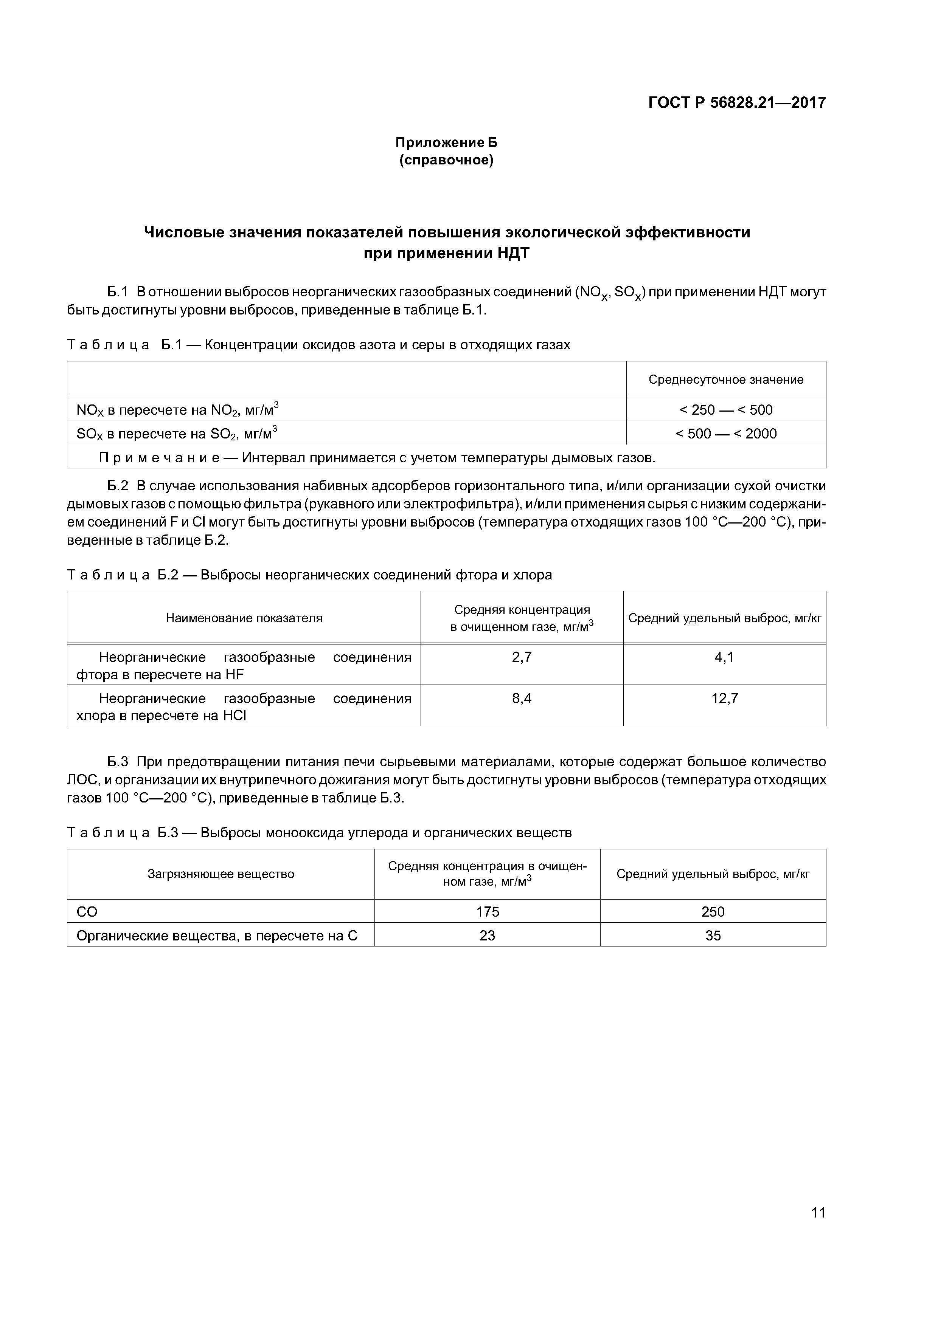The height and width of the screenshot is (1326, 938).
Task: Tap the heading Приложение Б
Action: click(x=446, y=142)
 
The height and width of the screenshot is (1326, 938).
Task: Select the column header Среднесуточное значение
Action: click(x=725, y=380)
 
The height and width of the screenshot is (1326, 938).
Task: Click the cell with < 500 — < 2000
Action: click(x=725, y=433)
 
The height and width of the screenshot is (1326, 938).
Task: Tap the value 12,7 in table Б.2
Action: click(x=724, y=698)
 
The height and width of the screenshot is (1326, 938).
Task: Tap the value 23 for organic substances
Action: click(x=487, y=935)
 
